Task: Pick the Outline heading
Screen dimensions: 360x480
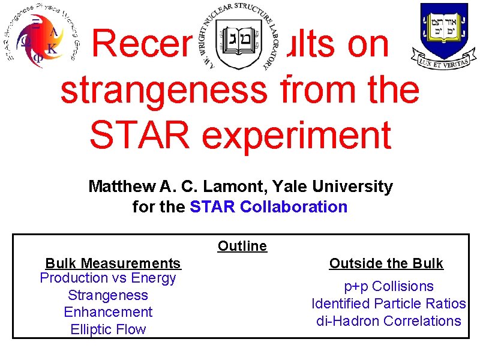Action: pos(242,246)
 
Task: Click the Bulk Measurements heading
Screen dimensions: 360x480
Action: pos(113,263)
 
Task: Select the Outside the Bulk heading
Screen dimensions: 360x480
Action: pos(386,263)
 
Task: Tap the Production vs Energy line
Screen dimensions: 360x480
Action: pos(108,278)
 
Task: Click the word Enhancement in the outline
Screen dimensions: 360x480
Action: pos(108,312)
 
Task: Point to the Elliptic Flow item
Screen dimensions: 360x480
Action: pos(108,329)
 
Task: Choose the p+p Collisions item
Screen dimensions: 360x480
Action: pos(389,286)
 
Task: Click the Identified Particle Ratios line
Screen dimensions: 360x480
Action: pos(389,304)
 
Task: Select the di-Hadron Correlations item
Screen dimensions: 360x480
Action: pos(389,321)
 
